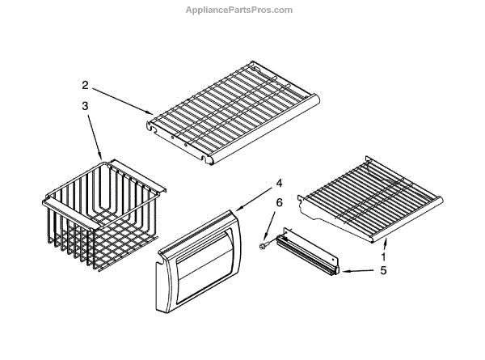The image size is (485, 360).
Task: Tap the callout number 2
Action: [84, 84]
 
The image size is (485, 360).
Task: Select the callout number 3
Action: [84, 106]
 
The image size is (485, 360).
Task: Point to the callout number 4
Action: [278, 182]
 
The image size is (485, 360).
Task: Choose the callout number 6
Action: [279, 203]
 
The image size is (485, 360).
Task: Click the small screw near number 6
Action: [264, 239]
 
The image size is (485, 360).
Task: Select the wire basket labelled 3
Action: [102, 210]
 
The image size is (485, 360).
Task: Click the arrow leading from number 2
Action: [121, 98]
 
